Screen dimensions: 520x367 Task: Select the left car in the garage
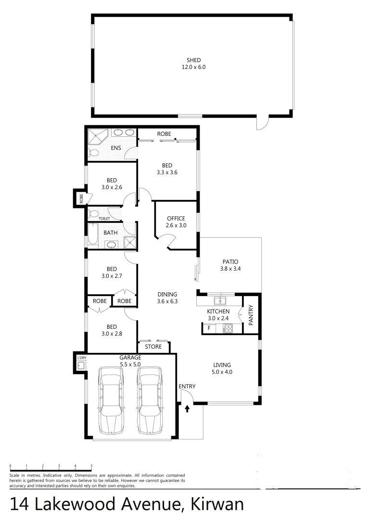coord(111,399)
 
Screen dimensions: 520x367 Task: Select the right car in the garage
coord(149,399)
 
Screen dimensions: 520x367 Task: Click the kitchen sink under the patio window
coord(221,301)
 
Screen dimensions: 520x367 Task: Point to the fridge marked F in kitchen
coord(209,329)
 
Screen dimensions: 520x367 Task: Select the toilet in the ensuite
coord(94,153)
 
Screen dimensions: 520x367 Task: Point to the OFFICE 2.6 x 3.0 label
coord(176,222)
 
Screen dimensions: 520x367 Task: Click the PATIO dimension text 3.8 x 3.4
coord(230,269)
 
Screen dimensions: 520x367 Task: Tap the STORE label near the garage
coord(153,347)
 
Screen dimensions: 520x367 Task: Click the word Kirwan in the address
coord(217,504)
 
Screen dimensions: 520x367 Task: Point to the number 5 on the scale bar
coord(91,466)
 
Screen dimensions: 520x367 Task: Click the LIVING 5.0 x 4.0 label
coord(222,368)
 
